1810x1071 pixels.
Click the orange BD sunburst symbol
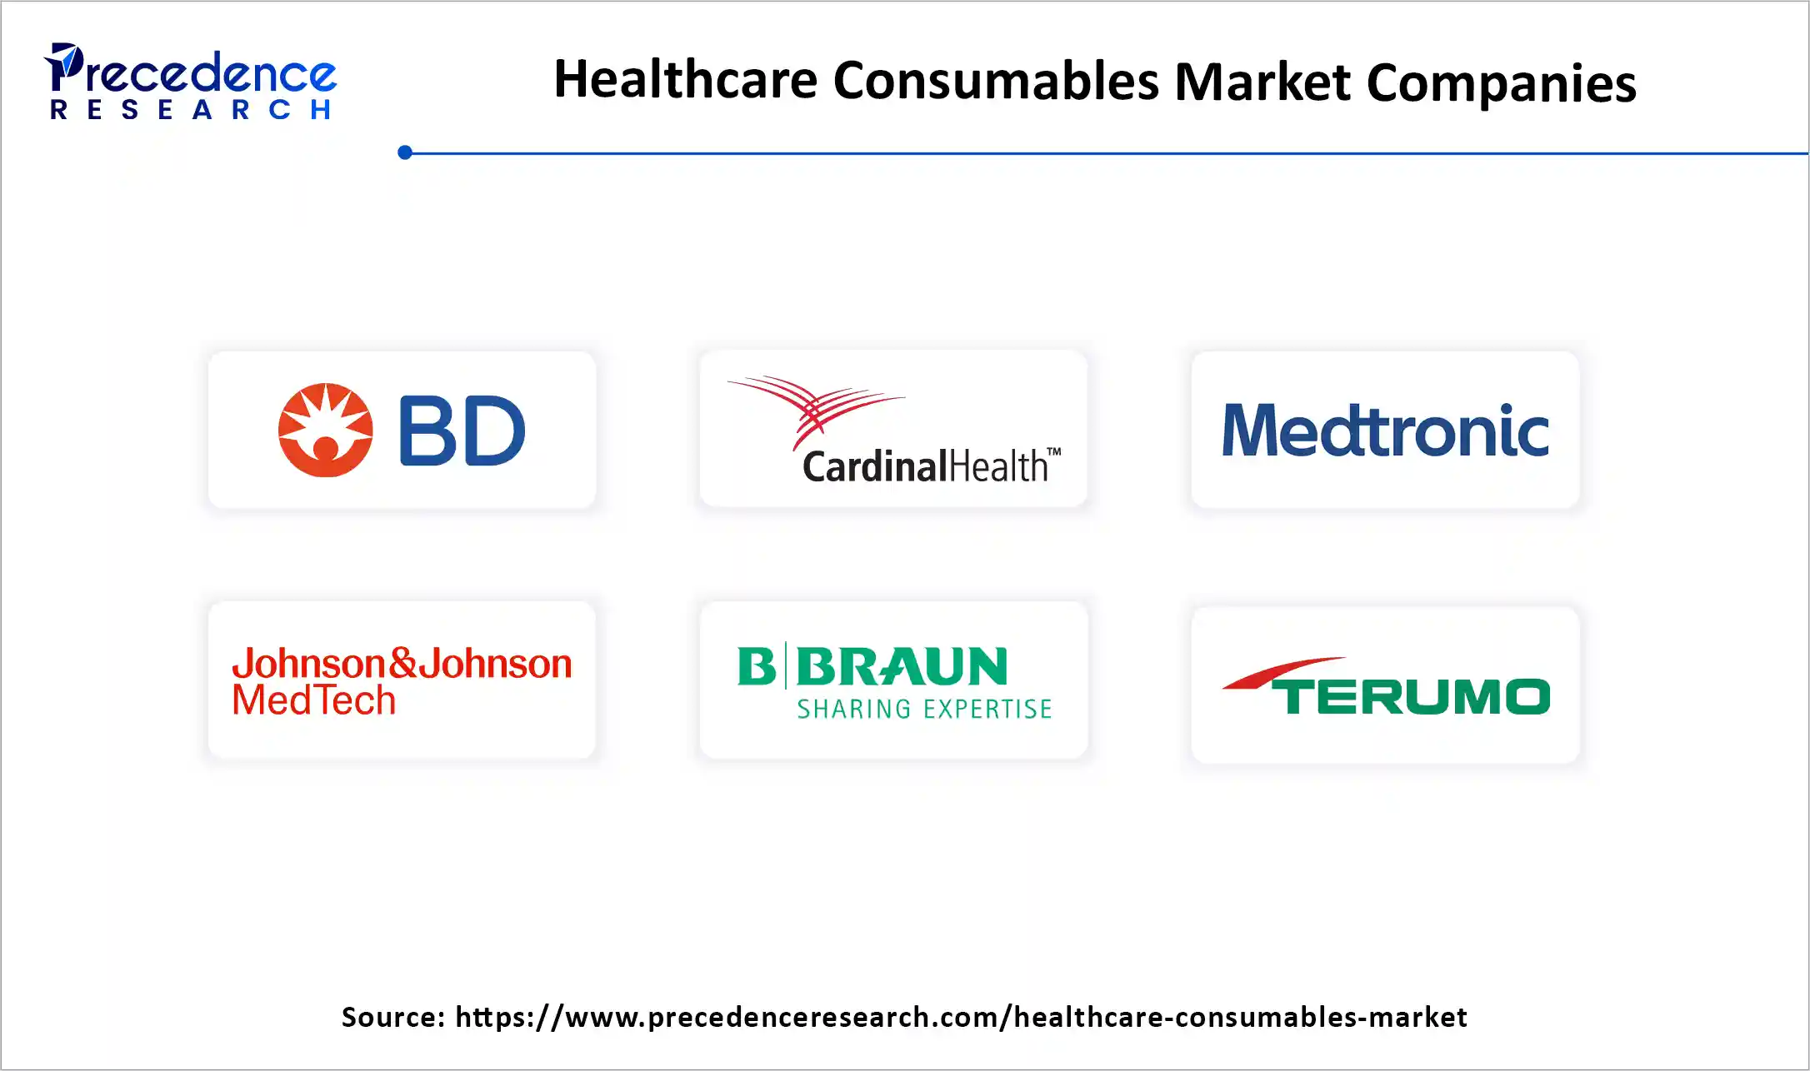(x=325, y=430)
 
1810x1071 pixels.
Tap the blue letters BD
(x=462, y=431)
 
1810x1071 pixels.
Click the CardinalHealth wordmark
(x=925, y=466)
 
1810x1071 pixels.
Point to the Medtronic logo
(x=1385, y=431)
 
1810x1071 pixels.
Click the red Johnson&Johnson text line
(x=402, y=664)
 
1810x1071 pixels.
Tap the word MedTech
(x=314, y=700)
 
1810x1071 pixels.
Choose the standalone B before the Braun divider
(x=756, y=666)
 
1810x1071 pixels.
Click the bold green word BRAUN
(x=902, y=666)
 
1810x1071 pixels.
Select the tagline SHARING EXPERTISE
(x=924, y=709)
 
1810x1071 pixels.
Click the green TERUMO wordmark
(x=1414, y=696)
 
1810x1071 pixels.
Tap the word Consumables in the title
(x=996, y=82)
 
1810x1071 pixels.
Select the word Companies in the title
(x=1501, y=83)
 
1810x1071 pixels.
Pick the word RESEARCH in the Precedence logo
(x=191, y=110)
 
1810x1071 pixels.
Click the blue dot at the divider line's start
(x=405, y=152)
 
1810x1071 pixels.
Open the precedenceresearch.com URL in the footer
(x=961, y=1017)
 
